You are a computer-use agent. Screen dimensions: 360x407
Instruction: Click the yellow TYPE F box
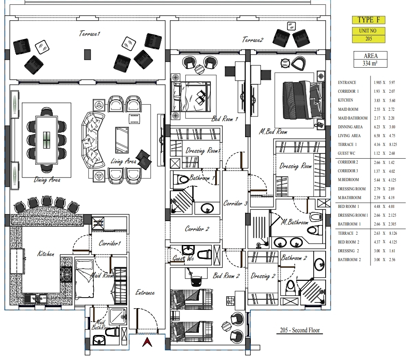(x=368, y=20)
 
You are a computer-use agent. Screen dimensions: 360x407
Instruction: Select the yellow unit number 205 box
(x=368, y=35)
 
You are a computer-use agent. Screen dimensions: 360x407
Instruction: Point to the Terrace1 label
(x=90, y=33)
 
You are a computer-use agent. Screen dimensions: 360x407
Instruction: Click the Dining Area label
(x=47, y=179)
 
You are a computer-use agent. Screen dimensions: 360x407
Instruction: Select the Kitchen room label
(x=46, y=254)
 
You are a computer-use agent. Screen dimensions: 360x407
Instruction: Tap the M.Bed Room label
(x=273, y=132)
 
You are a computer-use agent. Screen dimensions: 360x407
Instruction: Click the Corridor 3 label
(x=235, y=204)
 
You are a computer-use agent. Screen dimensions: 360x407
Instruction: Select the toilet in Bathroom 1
(x=181, y=180)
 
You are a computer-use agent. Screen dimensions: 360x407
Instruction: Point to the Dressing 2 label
(x=263, y=276)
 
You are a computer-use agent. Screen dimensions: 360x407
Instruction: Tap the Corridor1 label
(x=110, y=243)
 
